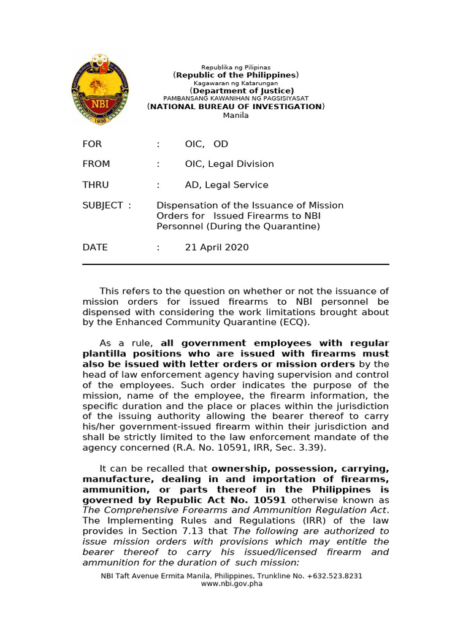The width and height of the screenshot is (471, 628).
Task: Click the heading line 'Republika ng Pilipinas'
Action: (236, 67)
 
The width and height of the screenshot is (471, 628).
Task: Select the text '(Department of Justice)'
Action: (236, 91)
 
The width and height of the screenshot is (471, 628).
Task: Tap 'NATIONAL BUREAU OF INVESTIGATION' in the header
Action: (236, 107)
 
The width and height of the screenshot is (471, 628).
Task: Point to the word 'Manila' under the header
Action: (236, 115)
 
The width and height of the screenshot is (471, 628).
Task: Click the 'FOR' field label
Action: (92, 144)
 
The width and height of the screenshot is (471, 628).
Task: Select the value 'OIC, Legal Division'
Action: (229, 164)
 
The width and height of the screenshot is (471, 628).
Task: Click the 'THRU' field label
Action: (95, 185)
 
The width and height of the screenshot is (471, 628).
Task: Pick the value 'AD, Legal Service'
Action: (226, 185)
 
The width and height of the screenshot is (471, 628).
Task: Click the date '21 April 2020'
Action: (216, 247)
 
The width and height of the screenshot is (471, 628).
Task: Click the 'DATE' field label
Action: (95, 247)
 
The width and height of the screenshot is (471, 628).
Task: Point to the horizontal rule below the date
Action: (236, 264)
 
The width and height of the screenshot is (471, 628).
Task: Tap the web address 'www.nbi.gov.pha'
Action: (236, 584)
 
